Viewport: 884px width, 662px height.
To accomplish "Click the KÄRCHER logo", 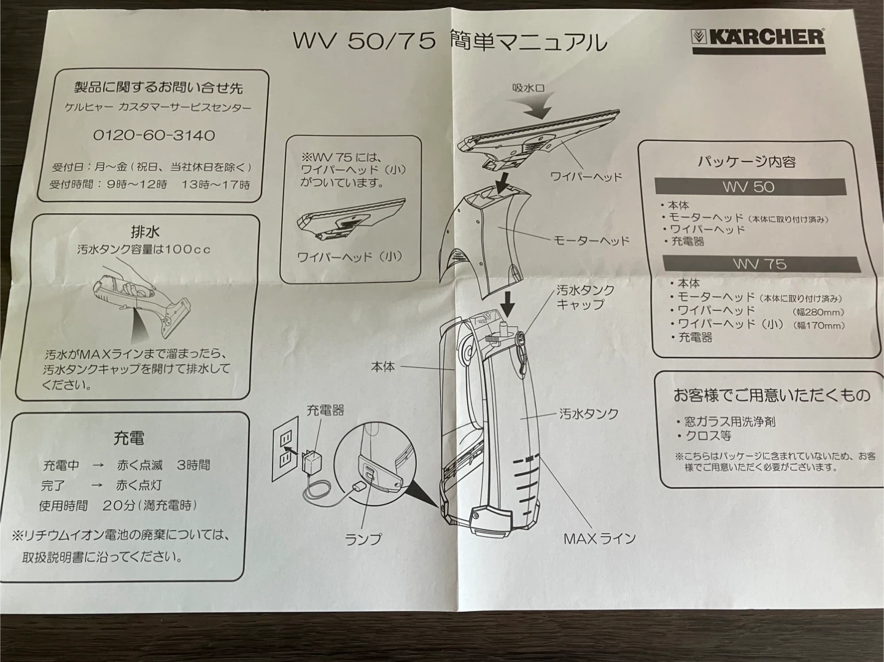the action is tap(758, 41).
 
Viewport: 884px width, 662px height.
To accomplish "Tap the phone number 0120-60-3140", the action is tap(154, 135).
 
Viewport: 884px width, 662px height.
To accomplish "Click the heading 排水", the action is tap(145, 232).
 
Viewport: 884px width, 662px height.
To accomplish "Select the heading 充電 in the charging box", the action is tap(129, 438).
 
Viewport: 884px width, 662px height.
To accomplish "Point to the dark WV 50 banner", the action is tap(750, 187).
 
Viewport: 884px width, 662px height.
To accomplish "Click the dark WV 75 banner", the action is tap(761, 264).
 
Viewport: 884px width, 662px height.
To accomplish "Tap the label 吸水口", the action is tap(529, 87).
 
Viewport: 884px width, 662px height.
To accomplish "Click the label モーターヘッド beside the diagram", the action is tap(591, 241).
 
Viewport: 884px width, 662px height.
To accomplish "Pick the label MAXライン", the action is tap(599, 539).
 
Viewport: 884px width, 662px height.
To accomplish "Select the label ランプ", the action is tap(363, 539).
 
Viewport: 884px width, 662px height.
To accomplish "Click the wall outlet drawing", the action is tap(285, 448).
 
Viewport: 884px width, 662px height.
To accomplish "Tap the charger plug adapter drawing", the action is tap(312, 459).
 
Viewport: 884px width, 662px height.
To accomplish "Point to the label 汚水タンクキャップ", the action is tap(585, 297).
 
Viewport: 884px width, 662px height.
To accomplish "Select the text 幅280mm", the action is tap(818, 312).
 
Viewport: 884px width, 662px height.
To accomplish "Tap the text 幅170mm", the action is tap(819, 325).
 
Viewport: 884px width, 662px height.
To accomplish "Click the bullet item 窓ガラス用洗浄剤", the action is tap(726, 422).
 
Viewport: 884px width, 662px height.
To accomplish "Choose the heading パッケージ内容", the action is tap(746, 162).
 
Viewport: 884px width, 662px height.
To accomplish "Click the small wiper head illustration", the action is tap(351, 220).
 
